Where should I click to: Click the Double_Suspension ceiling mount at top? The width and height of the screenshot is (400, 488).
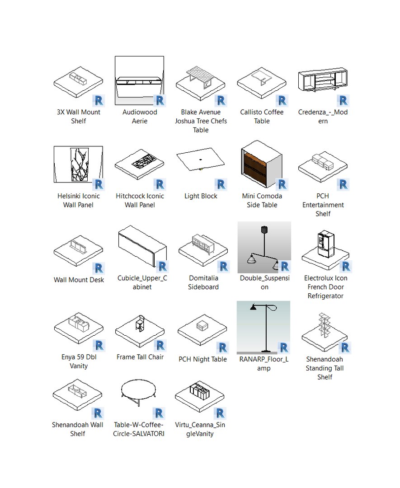point(264,229)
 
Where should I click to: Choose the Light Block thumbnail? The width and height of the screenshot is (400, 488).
point(200,160)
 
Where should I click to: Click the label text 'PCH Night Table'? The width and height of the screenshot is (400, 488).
point(202,359)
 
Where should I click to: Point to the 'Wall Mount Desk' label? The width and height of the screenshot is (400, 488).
point(79,280)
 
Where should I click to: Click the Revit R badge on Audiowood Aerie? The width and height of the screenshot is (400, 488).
point(159,100)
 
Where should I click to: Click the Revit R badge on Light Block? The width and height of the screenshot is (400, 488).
point(221,184)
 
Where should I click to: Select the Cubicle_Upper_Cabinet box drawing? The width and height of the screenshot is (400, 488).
point(142,247)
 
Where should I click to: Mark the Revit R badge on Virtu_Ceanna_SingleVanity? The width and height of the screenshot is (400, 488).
point(220,413)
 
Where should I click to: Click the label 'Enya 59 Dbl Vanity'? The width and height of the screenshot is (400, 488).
point(79,361)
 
